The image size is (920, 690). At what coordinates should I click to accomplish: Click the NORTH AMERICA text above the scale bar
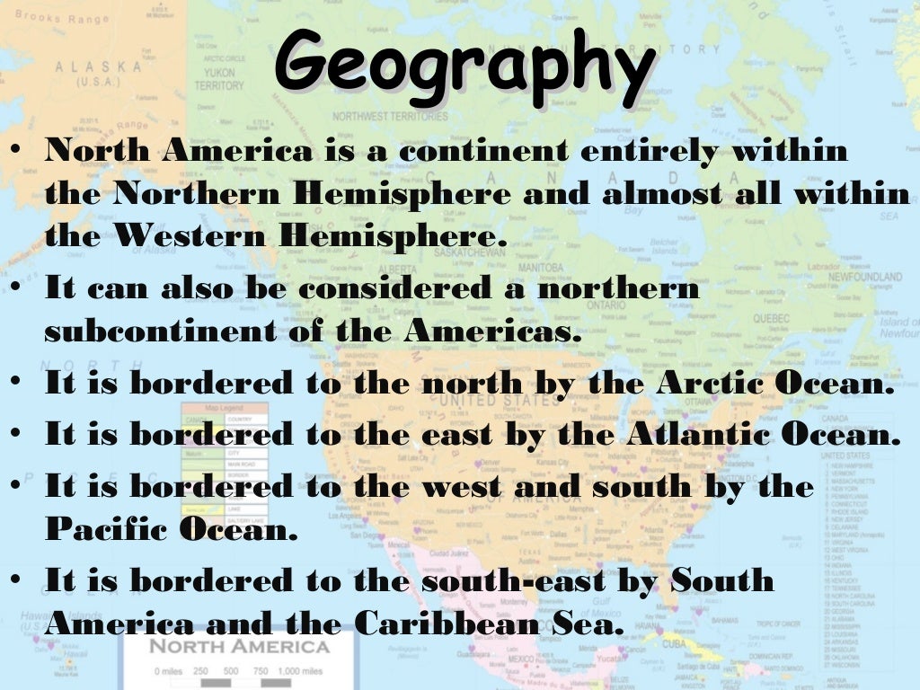pyautogui.click(x=238, y=647)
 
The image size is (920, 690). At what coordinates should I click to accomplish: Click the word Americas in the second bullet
pyautogui.click(x=487, y=331)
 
